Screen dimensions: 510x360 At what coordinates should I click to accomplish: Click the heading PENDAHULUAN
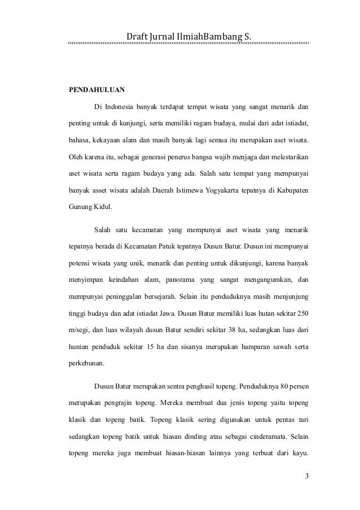click(x=97, y=89)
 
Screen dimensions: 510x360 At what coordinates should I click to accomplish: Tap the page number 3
click(x=306, y=476)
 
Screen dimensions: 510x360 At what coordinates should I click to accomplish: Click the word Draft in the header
click(x=137, y=38)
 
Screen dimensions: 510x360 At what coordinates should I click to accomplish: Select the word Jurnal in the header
click(x=164, y=38)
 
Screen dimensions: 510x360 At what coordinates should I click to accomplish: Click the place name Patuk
click(x=187, y=246)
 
